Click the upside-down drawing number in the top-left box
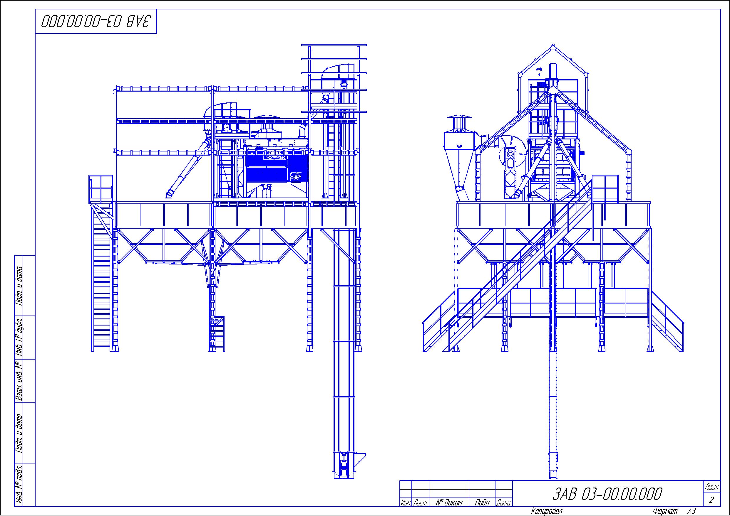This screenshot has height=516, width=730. [96, 21]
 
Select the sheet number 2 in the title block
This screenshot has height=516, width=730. [711, 500]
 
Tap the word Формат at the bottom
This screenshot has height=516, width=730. [665, 511]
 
